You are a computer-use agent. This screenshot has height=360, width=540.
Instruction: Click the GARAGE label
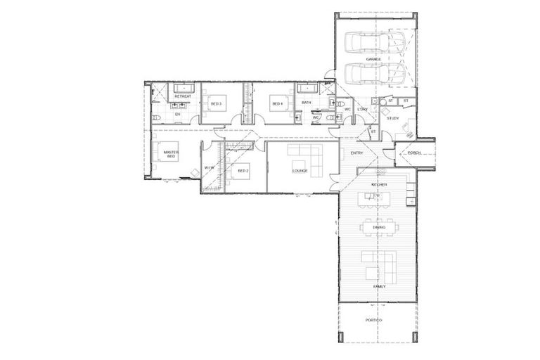[373, 59]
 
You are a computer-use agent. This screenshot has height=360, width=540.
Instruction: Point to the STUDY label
[393, 118]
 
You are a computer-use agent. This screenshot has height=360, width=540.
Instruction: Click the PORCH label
[414, 153]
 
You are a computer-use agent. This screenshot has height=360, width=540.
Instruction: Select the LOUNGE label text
[300, 171]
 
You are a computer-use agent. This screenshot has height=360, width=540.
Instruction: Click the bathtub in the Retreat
[183, 88]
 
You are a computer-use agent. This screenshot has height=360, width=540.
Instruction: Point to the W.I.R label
[209, 168]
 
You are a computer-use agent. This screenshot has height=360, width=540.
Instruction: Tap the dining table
[379, 227]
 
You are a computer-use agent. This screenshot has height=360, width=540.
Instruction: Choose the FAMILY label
[379, 287]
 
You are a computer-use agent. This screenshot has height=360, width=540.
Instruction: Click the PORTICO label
[374, 321]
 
